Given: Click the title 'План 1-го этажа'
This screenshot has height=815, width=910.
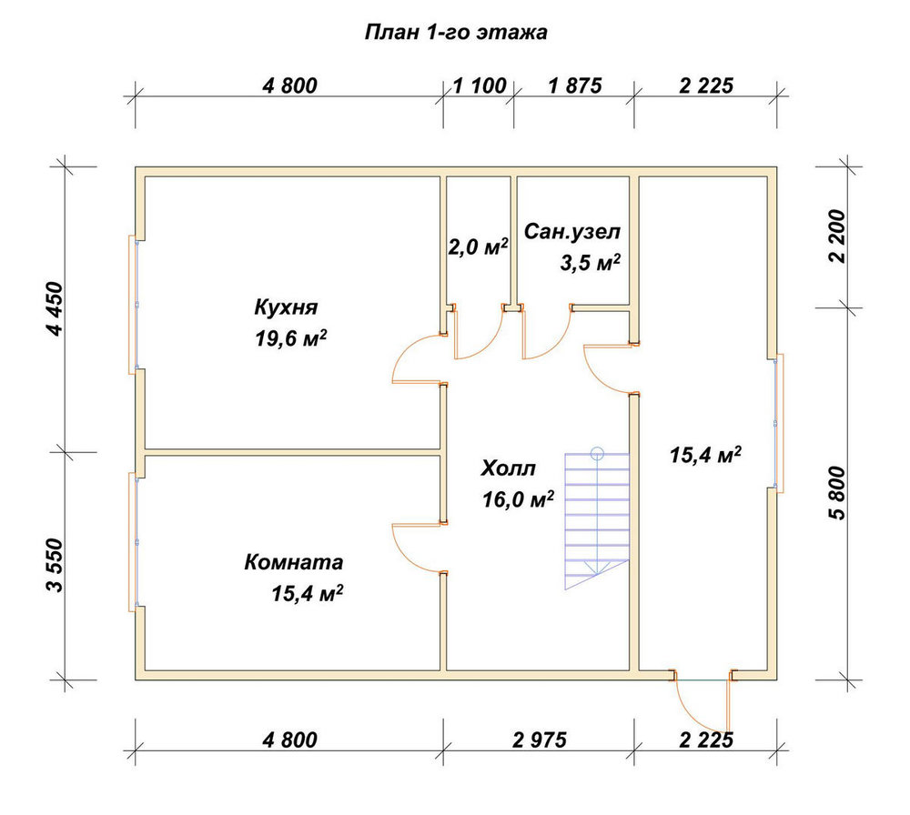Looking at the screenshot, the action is click(456, 33).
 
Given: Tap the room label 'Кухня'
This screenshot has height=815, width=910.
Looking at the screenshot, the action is click(286, 307).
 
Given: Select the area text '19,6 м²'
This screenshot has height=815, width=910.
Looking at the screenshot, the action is click(291, 338).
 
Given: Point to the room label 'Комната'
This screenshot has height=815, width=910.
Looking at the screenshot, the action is click(294, 562).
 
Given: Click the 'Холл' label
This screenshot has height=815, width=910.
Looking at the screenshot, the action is click(508, 468).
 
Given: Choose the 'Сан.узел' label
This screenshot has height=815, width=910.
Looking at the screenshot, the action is click(572, 232).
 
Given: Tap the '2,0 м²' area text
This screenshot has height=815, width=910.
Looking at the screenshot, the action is click(479, 247).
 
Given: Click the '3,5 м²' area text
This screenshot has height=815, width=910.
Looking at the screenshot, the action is click(591, 263).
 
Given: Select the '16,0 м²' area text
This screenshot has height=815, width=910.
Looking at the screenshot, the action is click(518, 499).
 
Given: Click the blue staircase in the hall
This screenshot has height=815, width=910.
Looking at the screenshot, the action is click(597, 519).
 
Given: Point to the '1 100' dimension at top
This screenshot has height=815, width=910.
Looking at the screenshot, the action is click(480, 86).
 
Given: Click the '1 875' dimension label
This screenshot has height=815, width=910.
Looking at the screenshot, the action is click(575, 86).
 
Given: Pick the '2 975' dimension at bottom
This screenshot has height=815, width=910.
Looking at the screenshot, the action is click(539, 740).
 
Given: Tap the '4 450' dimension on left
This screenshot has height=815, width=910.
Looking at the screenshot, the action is click(56, 308).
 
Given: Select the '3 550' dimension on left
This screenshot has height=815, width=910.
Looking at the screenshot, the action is click(56, 566).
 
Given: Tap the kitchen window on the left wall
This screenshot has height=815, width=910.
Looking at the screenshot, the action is click(134, 305).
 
